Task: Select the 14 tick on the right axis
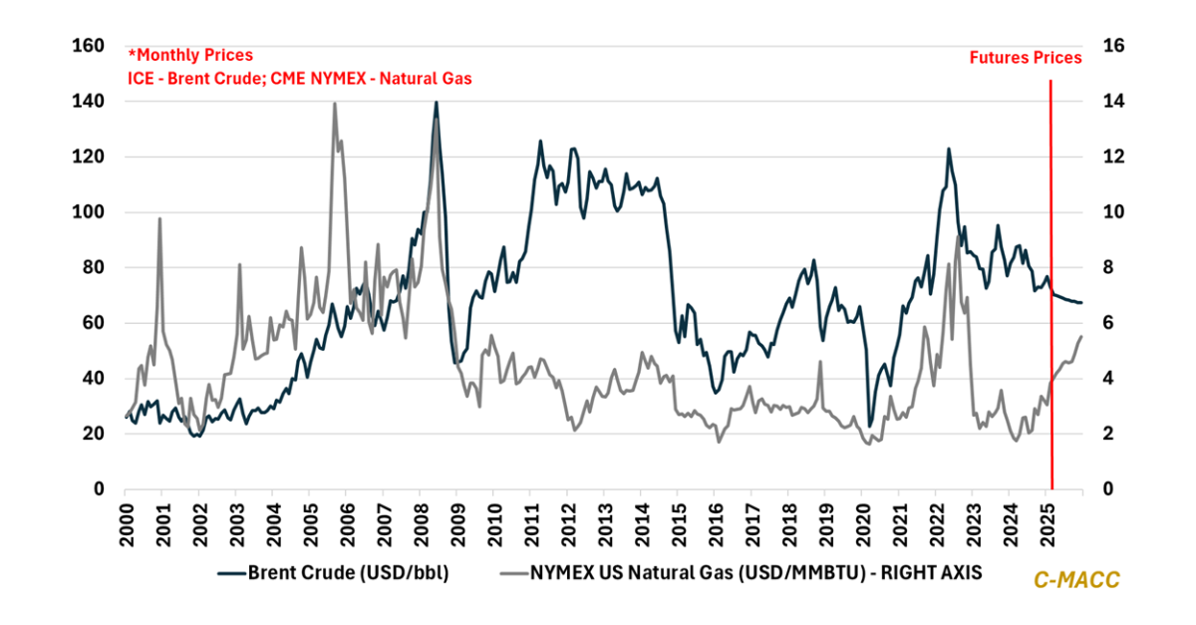1112,102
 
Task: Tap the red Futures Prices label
1026,58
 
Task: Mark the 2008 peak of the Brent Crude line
436,102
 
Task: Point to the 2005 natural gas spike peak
334,104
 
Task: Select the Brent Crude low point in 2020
869,426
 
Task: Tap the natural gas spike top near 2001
159,218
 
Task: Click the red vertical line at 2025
1050,299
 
